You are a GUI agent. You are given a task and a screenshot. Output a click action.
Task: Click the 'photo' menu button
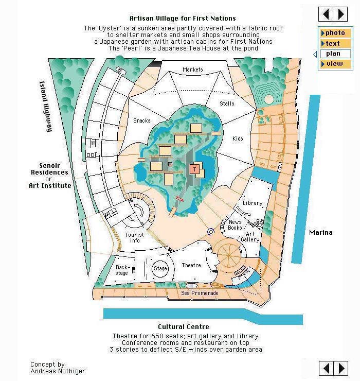(x=335, y=33)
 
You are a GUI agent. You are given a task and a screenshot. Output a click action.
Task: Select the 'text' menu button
(x=335, y=43)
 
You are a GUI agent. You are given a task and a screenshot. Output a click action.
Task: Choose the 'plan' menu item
(x=335, y=54)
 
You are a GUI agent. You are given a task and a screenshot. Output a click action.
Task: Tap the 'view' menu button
(x=335, y=64)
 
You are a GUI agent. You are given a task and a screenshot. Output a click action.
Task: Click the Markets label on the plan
(x=193, y=70)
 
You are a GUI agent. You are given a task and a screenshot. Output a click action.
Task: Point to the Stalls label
(x=227, y=103)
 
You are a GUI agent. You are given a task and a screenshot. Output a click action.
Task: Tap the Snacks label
(x=142, y=120)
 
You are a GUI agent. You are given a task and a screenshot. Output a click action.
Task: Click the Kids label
(x=238, y=138)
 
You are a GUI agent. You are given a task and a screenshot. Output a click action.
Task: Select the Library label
(x=253, y=203)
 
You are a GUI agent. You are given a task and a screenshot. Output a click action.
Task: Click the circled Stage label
(x=160, y=268)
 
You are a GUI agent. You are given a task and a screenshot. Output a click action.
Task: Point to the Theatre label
(x=191, y=265)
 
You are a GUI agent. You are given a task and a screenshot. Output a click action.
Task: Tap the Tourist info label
(x=134, y=238)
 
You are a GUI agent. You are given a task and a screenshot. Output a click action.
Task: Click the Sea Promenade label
(x=200, y=293)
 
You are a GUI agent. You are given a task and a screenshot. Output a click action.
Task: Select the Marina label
(x=321, y=233)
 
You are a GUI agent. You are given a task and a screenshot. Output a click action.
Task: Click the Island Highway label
(x=46, y=106)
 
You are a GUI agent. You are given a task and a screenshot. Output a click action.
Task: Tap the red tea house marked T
(x=194, y=169)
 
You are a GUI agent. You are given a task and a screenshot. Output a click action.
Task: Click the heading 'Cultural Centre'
(x=184, y=326)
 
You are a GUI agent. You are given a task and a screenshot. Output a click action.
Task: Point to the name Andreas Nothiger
(x=58, y=371)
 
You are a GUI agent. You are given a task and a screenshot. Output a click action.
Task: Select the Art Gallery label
(x=250, y=237)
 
